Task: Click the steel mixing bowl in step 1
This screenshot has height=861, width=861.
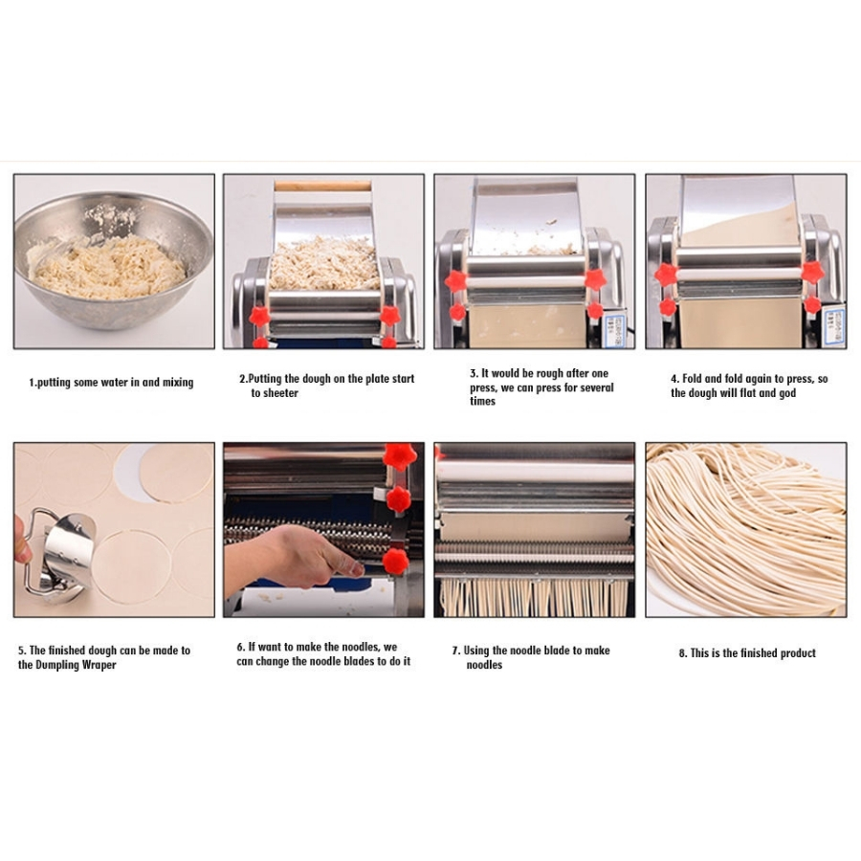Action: (113, 261)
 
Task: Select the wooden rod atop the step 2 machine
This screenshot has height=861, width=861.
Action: (323, 186)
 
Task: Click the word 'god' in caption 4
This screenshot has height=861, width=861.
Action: (787, 393)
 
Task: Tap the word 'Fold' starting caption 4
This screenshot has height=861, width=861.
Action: (692, 379)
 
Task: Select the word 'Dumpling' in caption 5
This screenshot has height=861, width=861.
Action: (57, 665)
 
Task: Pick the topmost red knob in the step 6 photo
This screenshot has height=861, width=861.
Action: (399, 455)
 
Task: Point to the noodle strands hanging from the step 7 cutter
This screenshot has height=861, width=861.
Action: (534, 597)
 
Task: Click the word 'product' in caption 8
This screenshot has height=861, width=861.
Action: (795, 653)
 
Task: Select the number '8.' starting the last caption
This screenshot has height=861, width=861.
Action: (683, 653)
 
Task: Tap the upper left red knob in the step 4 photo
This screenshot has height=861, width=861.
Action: (666, 274)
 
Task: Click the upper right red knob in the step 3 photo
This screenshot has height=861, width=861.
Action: (595, 279)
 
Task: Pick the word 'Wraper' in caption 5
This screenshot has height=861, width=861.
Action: (99, 665)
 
